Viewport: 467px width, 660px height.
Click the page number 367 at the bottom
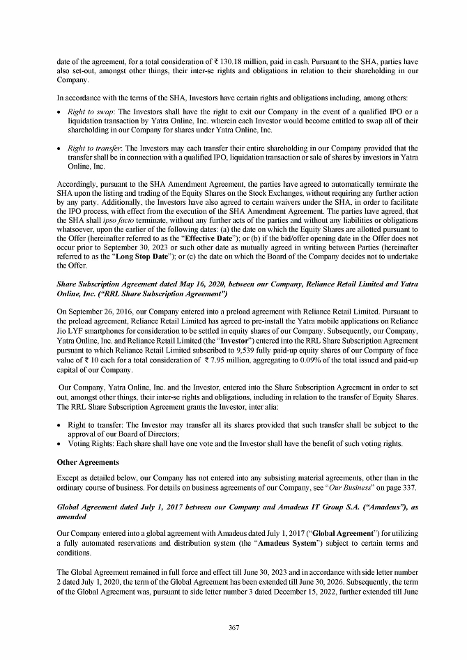click(x=233, y=628)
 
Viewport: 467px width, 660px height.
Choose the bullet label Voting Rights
click(x=90, y=443)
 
